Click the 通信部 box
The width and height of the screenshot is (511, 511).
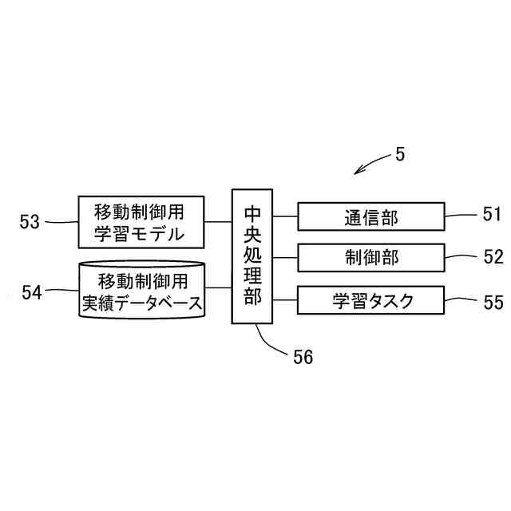[371, 216]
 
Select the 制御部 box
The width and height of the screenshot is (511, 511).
[371, 258]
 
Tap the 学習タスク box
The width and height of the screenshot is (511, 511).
[371, 301]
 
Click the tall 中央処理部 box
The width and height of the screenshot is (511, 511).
[252, 255]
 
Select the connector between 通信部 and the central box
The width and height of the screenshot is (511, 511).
[285, 216]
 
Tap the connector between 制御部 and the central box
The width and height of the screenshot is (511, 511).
[285, 258]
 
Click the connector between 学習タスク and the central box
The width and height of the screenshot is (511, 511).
[285, 301]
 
